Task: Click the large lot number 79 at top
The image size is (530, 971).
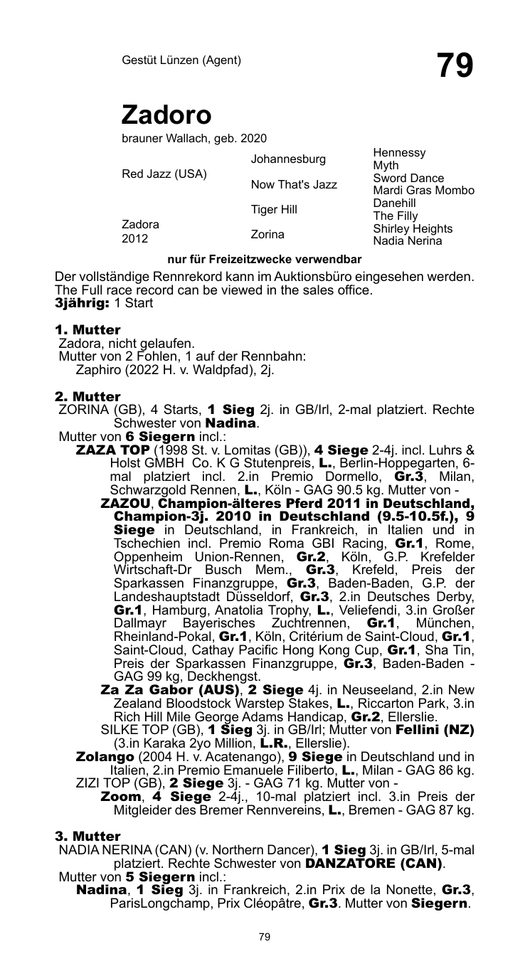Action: (x=455, y=66)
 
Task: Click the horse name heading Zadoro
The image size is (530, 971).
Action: (x=166, y=115)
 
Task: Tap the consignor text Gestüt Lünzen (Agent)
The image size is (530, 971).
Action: (x=181, y=60)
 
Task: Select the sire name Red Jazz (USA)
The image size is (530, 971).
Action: (x=164, y=174)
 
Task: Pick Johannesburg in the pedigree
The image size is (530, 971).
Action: (x=288, y=158)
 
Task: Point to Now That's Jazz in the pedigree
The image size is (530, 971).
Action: (x=294, y=185)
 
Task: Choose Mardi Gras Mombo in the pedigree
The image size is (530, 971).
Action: (x=423, y=191)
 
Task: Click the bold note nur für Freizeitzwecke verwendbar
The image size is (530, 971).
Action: (x=265, y=259)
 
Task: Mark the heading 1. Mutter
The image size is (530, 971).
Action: (x=88, y=330)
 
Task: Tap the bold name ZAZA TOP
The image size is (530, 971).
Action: (x=109, y=451)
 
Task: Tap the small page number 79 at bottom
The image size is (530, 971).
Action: (x=265, y=938)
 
